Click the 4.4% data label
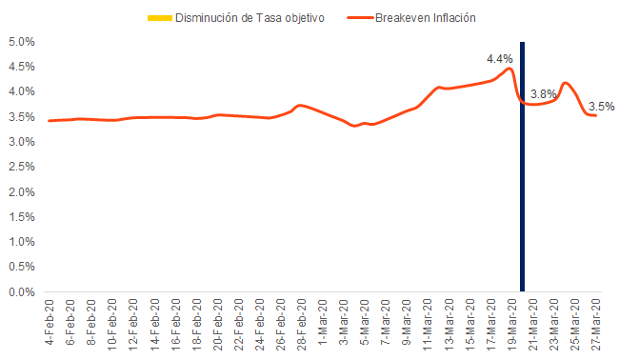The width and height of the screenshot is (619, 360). [x=500, y=59]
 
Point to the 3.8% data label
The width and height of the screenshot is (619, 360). [x=544, y=93]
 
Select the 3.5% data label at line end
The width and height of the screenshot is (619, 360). [x=601, y=106]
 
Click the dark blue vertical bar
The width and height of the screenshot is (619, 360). [x=522, y=167]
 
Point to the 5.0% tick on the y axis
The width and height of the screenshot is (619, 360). [x=21, y=43]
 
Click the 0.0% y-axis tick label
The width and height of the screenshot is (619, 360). [x=21, y=292]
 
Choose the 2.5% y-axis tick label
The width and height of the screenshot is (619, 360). [x=21, y=168]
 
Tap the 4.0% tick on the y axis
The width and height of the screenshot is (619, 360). [x=21, y=92]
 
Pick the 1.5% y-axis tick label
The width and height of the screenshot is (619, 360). [x=21, y=217]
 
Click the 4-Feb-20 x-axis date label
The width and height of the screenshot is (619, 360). [x=50, y=324]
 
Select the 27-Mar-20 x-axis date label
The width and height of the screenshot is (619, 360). [x=596, y=324]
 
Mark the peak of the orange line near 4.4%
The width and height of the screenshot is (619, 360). [x=510, y=69]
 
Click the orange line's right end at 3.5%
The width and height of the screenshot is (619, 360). [x=596, y=115]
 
